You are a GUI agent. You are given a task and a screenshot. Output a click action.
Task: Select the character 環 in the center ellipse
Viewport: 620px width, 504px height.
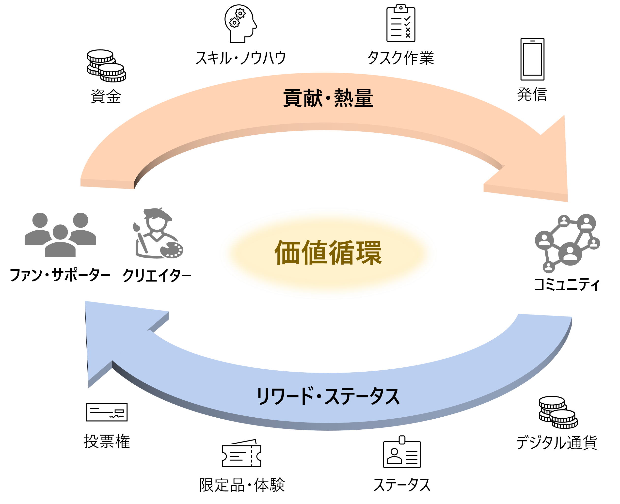(369, 252)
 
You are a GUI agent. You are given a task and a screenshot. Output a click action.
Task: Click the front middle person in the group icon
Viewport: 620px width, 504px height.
(60, 242)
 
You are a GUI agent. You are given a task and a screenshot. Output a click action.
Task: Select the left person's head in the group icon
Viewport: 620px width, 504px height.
(40, 220)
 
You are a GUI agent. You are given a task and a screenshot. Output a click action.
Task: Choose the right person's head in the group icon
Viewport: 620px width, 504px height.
(80, 220)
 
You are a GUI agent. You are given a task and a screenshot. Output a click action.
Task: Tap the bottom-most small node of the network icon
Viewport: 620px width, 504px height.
(549, 267)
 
